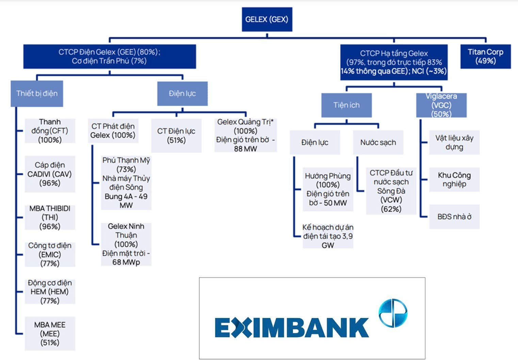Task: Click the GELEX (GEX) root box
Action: click(267, 19)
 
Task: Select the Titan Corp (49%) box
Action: click(485, 57)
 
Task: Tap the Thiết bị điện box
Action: click(37, 94)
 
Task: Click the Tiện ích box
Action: click(346, 105)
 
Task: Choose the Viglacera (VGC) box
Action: click(441, 105)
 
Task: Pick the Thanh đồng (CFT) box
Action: click(50, 131)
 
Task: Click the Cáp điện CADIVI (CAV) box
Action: click(50, 174)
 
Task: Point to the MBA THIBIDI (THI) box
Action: click(50, 217)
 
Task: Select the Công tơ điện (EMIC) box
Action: click(50, 254)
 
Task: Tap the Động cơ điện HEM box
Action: click(50, 292)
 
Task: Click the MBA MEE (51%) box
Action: click(50, 334)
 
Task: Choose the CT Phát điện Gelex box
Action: click(113, 131)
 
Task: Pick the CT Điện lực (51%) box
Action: click(176, 136)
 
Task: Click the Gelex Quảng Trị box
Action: click(245, 135)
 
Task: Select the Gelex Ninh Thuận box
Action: click(126, 244)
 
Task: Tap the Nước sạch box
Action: click(378, 142)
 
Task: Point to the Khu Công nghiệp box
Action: click(454, 179)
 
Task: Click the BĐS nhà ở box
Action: click(454, 217)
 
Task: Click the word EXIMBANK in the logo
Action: click(292, 327)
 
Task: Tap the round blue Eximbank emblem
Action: click(393, 313)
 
